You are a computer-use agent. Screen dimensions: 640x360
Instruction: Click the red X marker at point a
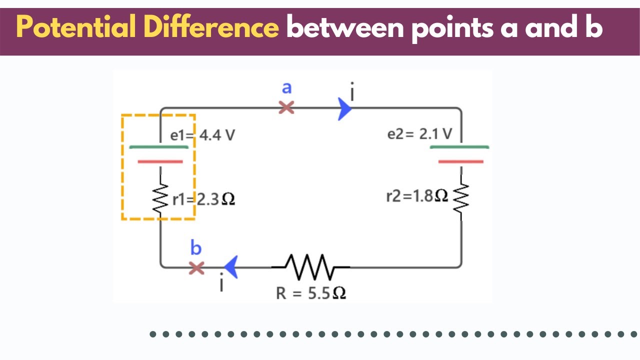point(286,107)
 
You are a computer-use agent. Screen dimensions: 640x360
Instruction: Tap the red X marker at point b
point(197,268)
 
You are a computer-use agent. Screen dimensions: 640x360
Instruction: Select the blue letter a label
point(286,88)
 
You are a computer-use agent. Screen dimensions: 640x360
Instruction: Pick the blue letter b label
point(196,248)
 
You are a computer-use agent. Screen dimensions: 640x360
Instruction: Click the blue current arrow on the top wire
point(344,108)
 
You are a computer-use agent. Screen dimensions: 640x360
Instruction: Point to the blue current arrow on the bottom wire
point(230,267)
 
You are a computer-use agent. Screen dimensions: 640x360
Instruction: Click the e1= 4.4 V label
point(202,135)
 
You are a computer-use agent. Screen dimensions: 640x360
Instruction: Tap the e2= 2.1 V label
point(419,134)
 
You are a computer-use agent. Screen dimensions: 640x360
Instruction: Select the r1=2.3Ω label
point(203,199)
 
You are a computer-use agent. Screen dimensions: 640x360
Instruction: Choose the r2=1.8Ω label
point(417,196)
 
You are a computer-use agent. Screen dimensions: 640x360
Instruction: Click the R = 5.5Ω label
point(311,293)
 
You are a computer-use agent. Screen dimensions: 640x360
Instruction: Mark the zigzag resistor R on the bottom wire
point(311,267)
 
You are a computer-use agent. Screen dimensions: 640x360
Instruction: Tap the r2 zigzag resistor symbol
point(460,200)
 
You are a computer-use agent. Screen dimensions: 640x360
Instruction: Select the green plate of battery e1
point(159,147)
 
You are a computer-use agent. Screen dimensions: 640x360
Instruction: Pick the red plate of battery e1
point(160,161)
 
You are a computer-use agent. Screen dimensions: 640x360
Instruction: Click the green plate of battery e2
point(459,147)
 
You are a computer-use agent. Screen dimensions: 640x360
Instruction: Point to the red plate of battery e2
point(460,161)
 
